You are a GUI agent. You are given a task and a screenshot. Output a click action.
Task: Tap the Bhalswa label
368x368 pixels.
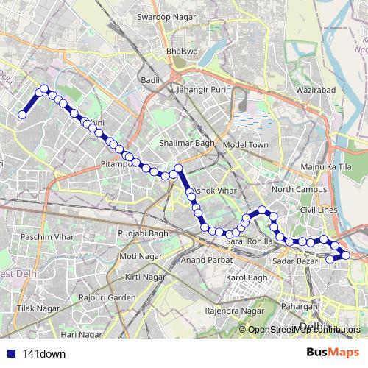(182, 52)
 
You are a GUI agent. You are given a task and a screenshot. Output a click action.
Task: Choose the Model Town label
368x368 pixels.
(247, 144)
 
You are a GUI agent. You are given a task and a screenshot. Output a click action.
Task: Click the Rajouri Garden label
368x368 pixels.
(110, 297)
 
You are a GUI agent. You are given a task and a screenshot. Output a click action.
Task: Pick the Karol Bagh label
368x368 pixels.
(246, 277)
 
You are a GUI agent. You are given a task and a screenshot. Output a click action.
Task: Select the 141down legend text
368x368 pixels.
(45, 353)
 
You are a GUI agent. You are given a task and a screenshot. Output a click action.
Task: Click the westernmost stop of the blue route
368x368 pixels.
(22, 114)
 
